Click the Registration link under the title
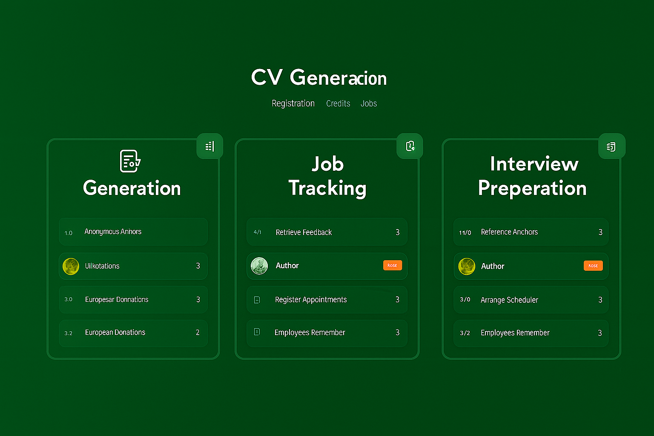pos(293,103)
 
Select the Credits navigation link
pos(338,103)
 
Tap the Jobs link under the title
pos(369,103)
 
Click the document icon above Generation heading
pos(130,161)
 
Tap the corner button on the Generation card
pos(210,146)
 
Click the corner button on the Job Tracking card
pos(410,146)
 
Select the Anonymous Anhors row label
pos(113,232)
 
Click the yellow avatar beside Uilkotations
pos(71,266)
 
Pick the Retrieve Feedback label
pos(304,232)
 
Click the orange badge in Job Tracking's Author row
pos(392,265)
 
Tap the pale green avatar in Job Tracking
pos(259,266)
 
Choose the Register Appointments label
pos(311,300)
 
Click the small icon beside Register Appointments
pos(257,300)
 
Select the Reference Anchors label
pos(509,232)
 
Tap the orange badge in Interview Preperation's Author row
pos(593,266)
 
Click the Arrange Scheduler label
pos(509,300)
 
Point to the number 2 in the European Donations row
pos(198,333)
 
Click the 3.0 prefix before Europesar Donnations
pos(69,299)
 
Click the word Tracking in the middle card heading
pos(327,188)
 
